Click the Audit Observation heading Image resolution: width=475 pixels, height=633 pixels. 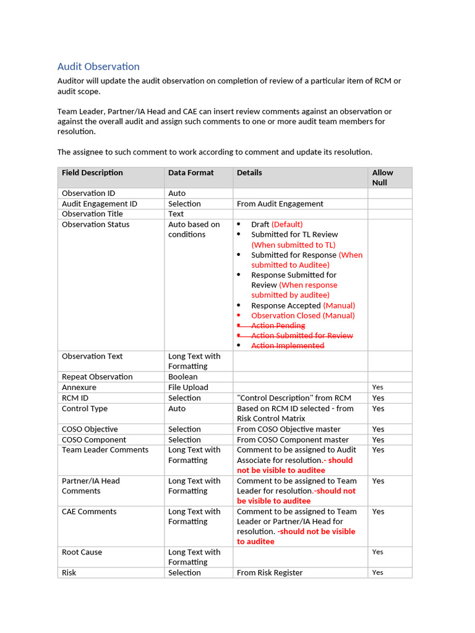click(x=98, y=67)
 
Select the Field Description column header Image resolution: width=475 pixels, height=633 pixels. click(x=92, y=173)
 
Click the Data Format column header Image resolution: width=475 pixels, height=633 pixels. click(x=190, y=173)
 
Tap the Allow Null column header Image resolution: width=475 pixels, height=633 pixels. click(x=382, y=177)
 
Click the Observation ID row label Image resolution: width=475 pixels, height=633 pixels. click(x=88, y=193)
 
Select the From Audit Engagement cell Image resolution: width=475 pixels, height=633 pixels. click(x=280, y=204)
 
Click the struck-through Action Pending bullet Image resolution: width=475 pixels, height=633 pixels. click(x=278, y=326)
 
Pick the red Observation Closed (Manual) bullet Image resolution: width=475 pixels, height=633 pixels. click(x=302, y=315)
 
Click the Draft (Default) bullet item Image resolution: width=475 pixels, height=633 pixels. click(x=276, y=224)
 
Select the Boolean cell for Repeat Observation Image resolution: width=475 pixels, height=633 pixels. click(x=182, y=377)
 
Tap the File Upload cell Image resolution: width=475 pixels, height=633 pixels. click(x=188, y=388)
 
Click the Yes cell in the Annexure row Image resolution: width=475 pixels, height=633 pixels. click(x=377, y=388)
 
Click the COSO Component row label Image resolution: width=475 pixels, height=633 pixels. click(x=94, y=440)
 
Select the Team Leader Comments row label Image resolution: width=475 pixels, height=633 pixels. click(x=105, y=450)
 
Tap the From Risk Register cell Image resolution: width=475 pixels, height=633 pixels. click(x=270, y=573)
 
